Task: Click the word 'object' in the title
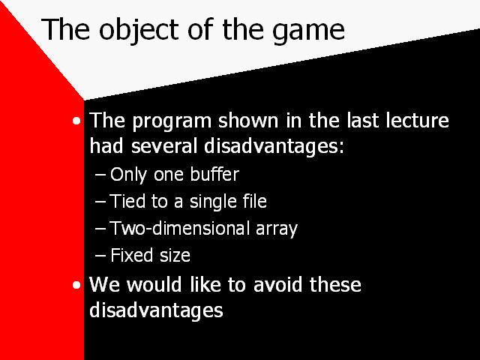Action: tap(139, 31)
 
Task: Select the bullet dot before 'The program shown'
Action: tap(76, 121)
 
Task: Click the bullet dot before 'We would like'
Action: tap(76, 285)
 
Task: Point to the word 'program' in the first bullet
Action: tap(172, 122)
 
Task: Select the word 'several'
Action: tap(164, 145)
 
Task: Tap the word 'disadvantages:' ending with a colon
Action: tap(274, 147)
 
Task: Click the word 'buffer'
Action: tap(214, 174)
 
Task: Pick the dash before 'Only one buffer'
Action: tap(100, 175)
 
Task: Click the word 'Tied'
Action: tap(127, 201)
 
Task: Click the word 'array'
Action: tap(277, 230)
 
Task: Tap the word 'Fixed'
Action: tap(132, 255)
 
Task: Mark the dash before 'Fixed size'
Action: tap(100, 256)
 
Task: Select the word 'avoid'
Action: tap(277, 284)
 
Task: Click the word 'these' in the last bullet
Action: tap(335, 284)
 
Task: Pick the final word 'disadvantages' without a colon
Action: tap(156, 311)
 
